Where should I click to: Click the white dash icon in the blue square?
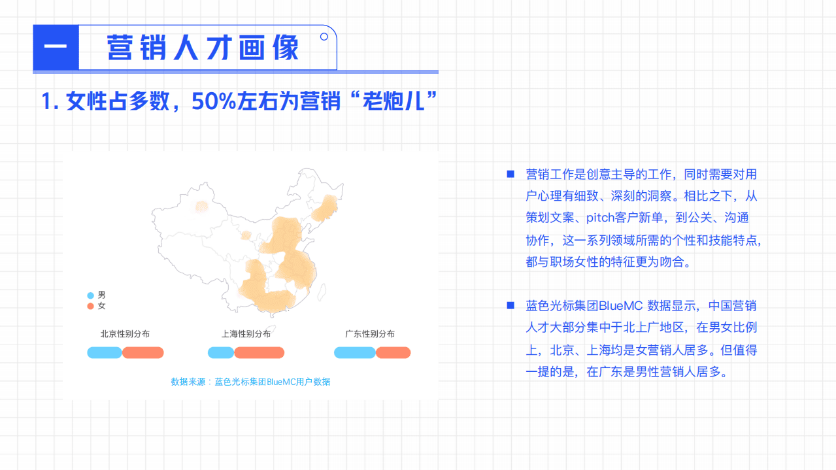[56, 47]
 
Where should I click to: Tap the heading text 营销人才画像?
[203, 48]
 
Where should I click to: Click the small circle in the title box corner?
[324, 37]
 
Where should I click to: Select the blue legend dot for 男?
[90, 295]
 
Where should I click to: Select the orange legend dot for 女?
[90, 306]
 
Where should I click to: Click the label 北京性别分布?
[125, 334]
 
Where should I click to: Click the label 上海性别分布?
[246, 334]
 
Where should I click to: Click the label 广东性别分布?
[370, 334]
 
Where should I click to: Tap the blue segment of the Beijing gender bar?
[105, 353]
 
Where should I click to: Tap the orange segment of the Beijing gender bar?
[143, 353]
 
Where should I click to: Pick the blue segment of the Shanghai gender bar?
[221, 353]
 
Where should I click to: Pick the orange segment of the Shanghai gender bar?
[259, 353]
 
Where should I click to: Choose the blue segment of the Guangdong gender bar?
[355, 353]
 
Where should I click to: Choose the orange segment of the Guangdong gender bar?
[393, 353]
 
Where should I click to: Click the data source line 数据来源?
[250, 382]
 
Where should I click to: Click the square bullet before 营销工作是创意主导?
[510, 174]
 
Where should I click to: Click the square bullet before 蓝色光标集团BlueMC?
[510, 305]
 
